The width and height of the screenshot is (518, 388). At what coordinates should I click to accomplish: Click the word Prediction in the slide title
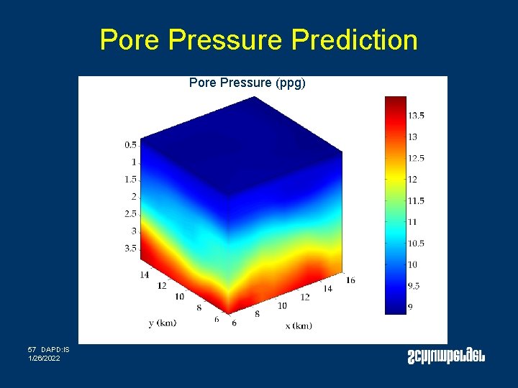click(354, 40)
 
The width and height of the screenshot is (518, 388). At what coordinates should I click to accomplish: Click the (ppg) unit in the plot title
click(291, 83)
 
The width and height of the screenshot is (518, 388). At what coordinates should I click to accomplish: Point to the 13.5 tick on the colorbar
click(416, 115)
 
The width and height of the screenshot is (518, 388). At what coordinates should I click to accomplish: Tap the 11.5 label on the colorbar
click(416, 200)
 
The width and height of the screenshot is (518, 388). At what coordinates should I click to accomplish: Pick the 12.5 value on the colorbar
click(416, 158)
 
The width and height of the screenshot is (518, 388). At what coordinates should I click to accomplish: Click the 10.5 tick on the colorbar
click(416, 243)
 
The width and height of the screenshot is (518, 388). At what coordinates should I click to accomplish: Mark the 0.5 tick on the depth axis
click(129, 144)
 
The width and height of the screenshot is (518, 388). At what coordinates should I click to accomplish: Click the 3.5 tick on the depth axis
click(129, 248)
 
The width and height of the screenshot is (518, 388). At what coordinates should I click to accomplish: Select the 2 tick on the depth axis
click(133, 196)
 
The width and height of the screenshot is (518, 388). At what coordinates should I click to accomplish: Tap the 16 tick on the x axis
click(350, 280)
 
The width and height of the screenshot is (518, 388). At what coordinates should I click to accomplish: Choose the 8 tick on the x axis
click(258, 315)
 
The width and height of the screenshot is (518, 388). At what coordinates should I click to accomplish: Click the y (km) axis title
click(163, 323)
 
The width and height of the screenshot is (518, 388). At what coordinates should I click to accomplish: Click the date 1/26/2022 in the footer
click(45, 358)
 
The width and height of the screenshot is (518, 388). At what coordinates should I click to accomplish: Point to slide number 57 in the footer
click(32, 349)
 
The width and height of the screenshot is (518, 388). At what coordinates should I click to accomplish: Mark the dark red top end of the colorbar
click(395, 101)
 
